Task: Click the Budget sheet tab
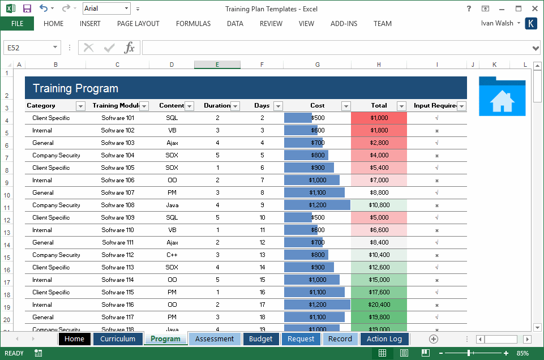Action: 261,339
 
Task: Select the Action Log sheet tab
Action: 384,339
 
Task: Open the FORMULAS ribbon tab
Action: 193,24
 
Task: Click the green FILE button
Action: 17,24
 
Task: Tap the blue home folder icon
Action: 502,97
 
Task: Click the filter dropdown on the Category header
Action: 80,106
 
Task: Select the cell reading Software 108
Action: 118,205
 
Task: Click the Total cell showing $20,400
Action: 379,305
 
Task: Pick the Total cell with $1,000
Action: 379,118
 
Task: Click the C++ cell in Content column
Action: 172,255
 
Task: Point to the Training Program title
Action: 75,88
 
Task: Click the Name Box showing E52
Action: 28,48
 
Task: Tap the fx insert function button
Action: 130,48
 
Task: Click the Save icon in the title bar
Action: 27,8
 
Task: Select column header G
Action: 317,65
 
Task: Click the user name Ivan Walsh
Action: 497,23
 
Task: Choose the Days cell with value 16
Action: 262,292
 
